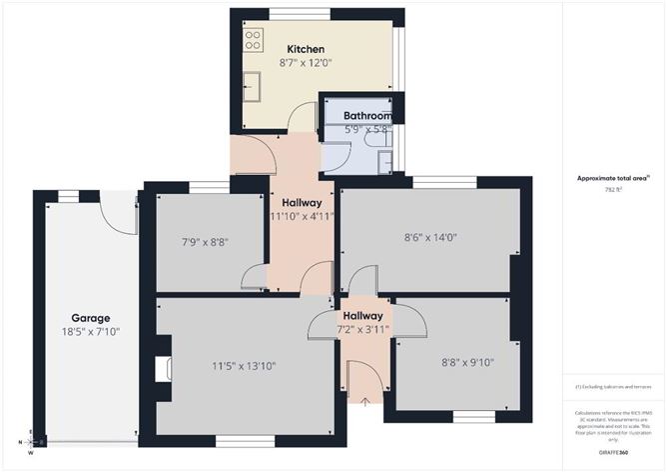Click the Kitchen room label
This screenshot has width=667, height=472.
306,49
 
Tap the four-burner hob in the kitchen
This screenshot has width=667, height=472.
253,39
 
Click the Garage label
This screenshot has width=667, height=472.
89,317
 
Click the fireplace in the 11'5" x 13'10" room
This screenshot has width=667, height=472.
163,370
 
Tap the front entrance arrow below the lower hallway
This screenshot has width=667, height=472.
364,402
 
